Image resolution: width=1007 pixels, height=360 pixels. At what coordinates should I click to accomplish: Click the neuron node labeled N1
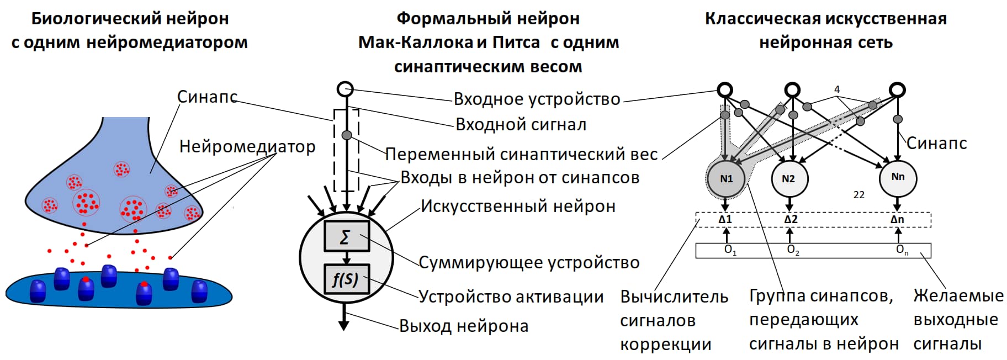coord(726,178)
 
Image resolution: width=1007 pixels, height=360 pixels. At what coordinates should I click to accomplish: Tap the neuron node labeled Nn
coord(898,177)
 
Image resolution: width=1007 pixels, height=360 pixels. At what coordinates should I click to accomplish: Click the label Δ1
coord(725,219)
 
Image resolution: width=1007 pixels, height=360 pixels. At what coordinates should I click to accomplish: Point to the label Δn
coord(897,219)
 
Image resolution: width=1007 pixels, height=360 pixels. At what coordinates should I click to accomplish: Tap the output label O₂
coord(793,250)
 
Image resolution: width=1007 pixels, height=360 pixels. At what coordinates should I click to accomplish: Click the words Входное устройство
coord(537,99)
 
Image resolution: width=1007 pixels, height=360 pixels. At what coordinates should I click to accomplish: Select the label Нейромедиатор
coord(247,146)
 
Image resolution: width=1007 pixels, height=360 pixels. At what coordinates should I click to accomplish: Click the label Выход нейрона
coord(464,326)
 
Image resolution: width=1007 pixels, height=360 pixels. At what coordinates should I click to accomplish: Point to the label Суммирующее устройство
coord(529,262)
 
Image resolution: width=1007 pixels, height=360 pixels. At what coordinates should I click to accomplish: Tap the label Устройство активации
coord(511,297)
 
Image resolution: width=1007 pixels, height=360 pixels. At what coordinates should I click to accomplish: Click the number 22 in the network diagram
coord(858,195)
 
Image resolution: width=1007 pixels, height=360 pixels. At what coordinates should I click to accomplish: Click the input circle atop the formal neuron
coord(345,89)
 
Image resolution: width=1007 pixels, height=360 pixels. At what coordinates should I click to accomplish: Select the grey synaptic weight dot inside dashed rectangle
coord(347,135)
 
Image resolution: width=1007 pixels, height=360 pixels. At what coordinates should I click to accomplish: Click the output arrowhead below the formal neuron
coord(344,325)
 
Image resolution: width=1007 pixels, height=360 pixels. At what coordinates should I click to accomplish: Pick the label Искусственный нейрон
coord(518,206)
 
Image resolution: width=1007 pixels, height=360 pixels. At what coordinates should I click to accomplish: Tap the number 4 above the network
coord(837,89)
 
